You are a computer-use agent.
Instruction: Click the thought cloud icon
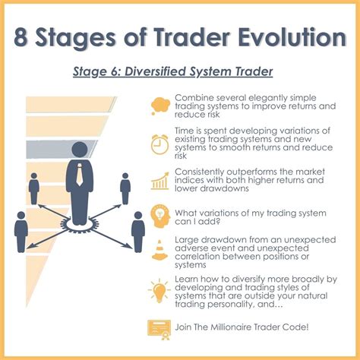159,105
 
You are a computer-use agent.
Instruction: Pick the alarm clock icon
159,143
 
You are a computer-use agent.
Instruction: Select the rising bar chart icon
159,181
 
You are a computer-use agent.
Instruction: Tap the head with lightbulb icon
159,215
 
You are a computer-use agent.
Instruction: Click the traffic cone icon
159,248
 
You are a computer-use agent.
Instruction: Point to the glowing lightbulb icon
159,289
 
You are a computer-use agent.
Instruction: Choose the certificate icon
159,327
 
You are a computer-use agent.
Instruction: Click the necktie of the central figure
80,179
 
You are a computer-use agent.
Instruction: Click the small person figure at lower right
137,229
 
